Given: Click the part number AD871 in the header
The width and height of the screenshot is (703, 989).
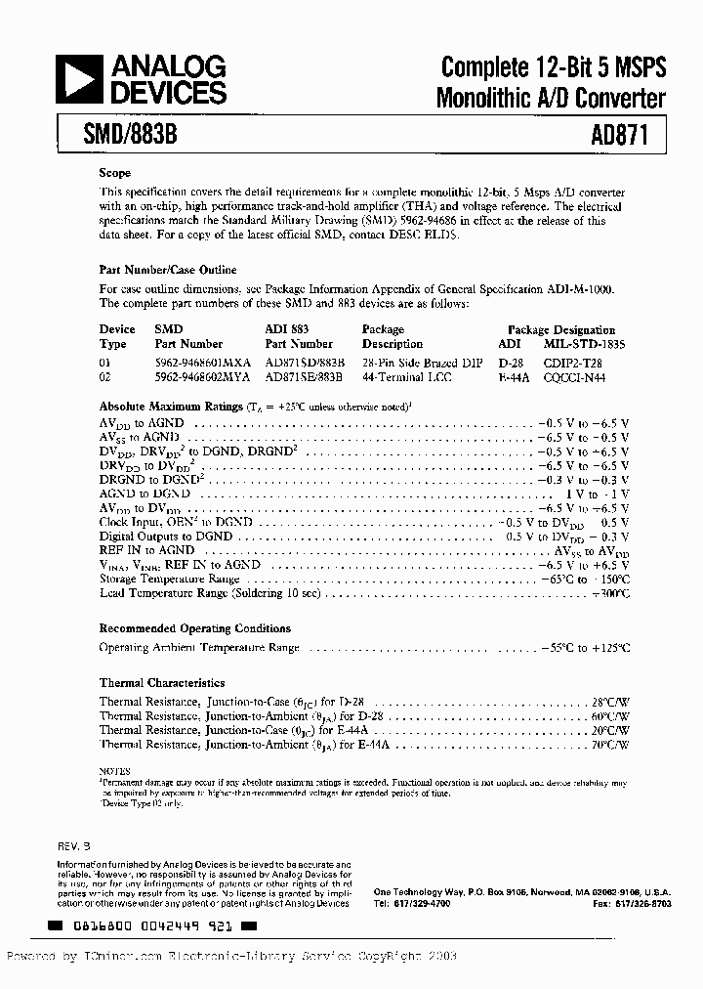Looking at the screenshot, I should click(x=604, y=131).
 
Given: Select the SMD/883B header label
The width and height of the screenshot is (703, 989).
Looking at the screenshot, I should click(x=126, y=131).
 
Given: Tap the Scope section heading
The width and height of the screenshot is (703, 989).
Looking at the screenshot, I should click(x=114, y=172).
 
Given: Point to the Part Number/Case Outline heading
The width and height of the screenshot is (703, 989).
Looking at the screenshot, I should click(x=168, y=269).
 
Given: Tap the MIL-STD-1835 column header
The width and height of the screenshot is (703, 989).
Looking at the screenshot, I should click(x=583, y=344).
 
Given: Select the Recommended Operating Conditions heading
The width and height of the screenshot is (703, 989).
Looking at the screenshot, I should click(x=194, y=628).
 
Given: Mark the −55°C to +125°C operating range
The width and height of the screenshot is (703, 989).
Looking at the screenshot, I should click(x=582, y=647).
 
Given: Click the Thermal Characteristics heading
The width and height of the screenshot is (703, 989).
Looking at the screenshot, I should click(x=162, y=683).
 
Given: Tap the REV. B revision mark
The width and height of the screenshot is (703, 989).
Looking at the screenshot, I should click(x=74, y=841).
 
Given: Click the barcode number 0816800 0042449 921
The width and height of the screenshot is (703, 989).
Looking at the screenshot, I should click(x=151, y=924).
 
